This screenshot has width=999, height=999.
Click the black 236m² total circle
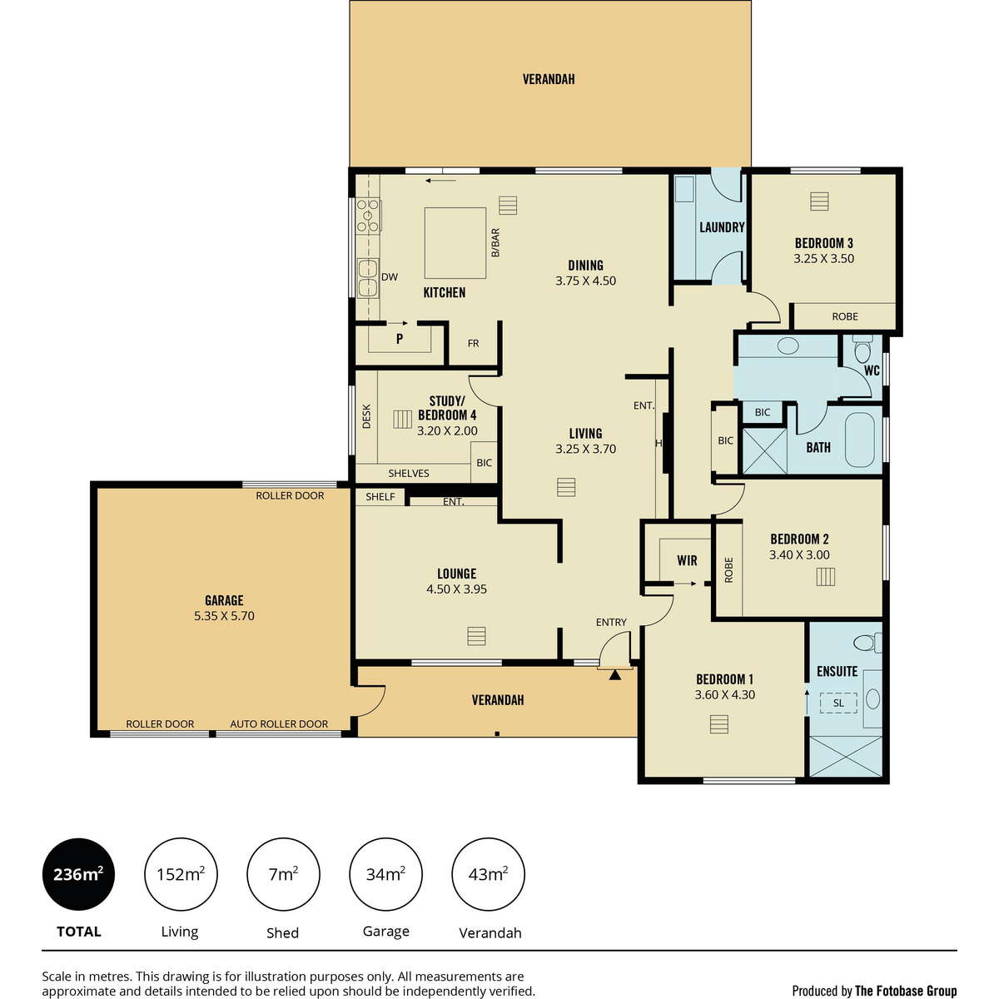coord(78,874)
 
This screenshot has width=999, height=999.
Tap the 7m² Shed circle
coord(283,874)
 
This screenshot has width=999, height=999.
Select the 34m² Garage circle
coord(385,874)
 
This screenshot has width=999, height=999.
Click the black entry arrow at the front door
coord(615,675)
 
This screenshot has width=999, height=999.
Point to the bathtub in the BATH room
coord(859,440)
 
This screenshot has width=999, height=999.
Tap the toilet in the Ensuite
coord(867,644)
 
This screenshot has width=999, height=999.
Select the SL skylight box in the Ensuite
coord(838,703)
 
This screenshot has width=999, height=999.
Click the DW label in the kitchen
coord(390,277)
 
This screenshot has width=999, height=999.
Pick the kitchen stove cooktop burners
coord(368,215)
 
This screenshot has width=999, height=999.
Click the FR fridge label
coord(473,343)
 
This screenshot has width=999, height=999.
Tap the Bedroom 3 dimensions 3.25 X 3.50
coord(823,259)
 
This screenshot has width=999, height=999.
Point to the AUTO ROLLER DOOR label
coord(279,723)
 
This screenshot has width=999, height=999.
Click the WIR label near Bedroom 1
coord(687,560)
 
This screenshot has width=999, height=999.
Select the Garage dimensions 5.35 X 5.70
coord(224,616)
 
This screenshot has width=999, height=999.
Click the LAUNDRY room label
coord(722,227)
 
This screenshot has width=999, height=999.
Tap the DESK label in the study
coord(366,416)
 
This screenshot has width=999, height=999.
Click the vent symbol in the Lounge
coord(476,636)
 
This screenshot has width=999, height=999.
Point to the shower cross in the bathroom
coord(765,450)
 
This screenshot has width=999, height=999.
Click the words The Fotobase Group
coord(906,991)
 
